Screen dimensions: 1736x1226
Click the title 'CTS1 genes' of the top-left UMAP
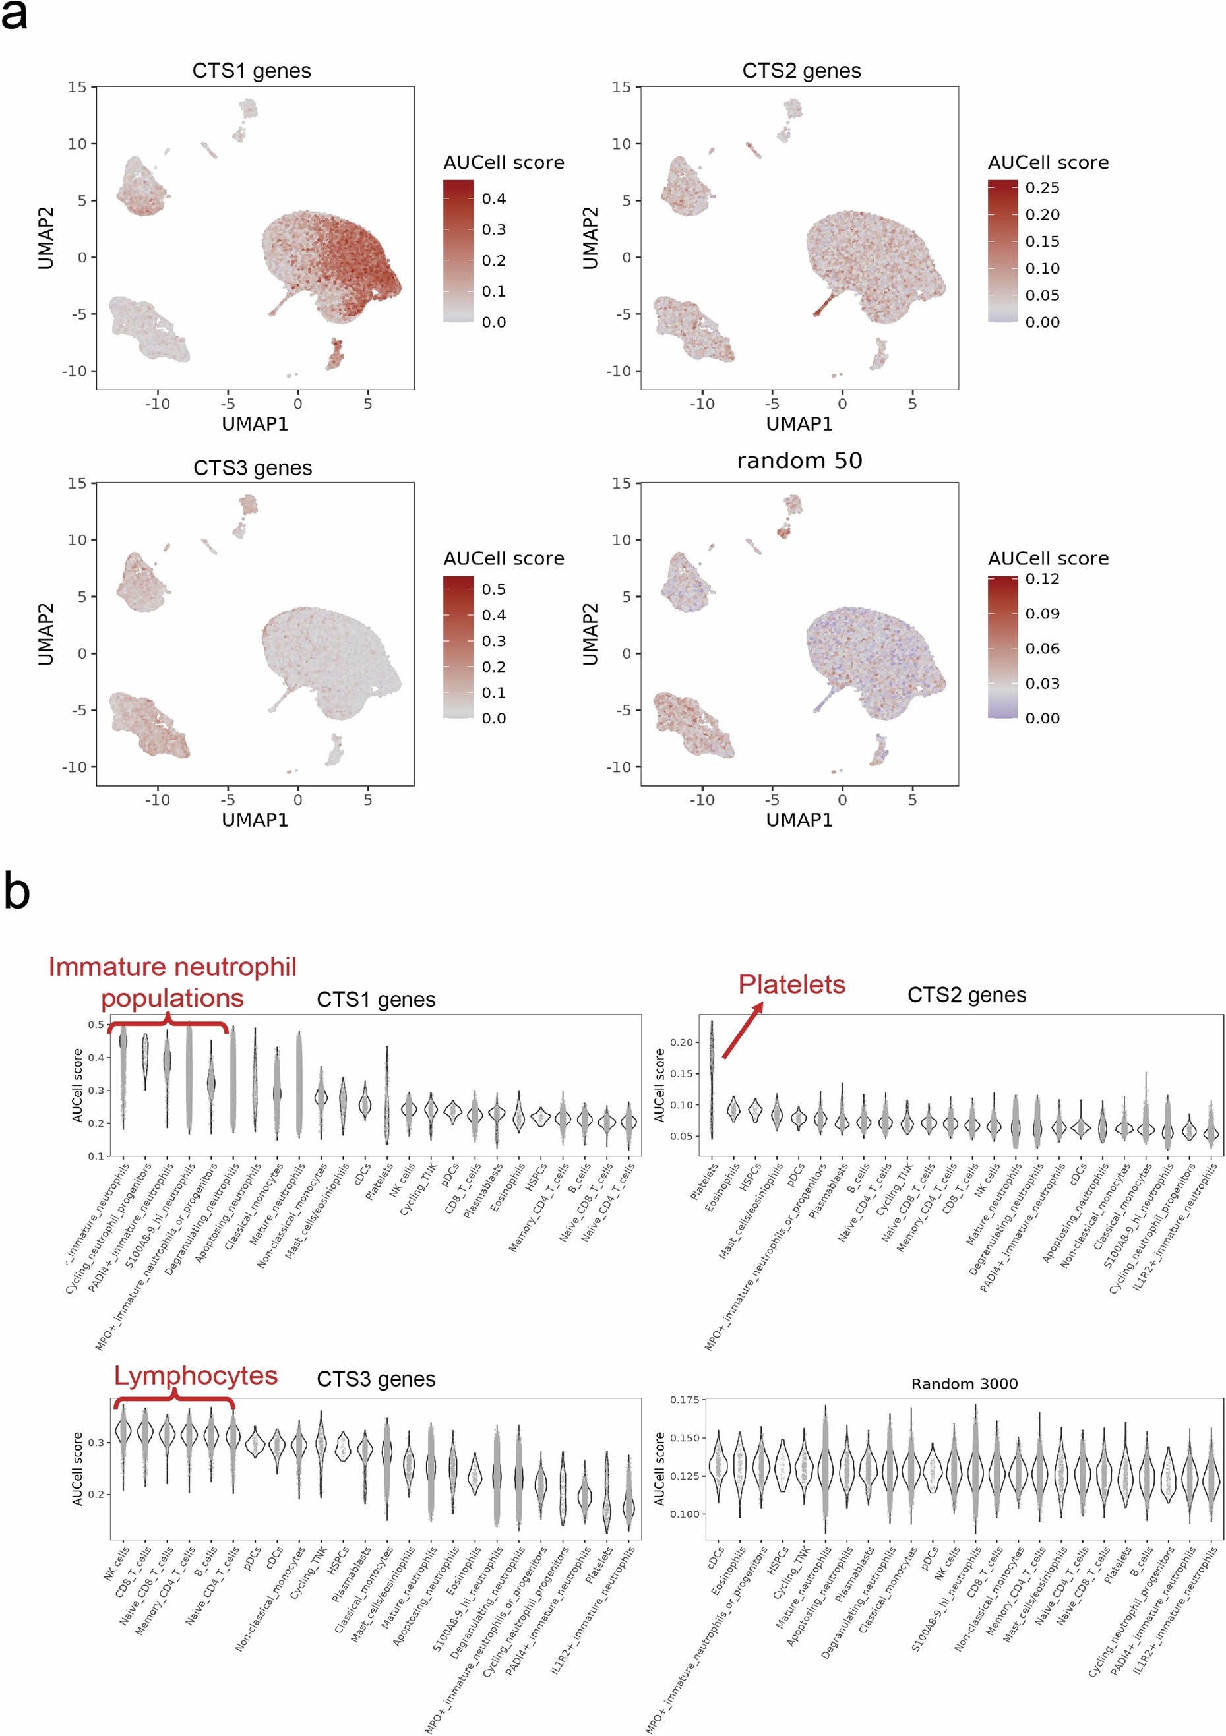(251, 71)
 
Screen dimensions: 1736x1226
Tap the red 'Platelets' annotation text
(791, 984)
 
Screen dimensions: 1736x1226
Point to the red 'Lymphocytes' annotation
(195, 1375)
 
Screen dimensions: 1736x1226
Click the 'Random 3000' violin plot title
(964, 1384)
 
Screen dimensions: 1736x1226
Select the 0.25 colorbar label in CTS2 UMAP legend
(1042, 187)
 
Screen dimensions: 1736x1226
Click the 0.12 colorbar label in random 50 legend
(1042, 579)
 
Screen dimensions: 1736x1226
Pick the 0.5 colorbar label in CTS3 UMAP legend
(494, 589)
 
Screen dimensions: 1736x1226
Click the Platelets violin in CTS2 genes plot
(712, 1081)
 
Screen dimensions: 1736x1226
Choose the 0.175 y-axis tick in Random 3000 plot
(684, 1400)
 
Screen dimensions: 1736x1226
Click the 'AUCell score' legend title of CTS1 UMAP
(504, 163)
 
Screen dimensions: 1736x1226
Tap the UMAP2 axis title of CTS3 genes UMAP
(46, 634)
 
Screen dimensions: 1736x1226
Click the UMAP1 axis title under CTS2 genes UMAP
(799, 424)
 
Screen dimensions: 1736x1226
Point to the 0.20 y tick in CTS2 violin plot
(681, 1042)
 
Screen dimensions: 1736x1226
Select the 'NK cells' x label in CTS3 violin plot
(117, 1564)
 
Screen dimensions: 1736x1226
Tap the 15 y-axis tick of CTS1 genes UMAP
(77, 87)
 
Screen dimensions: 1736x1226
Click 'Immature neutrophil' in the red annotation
(172, 967)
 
